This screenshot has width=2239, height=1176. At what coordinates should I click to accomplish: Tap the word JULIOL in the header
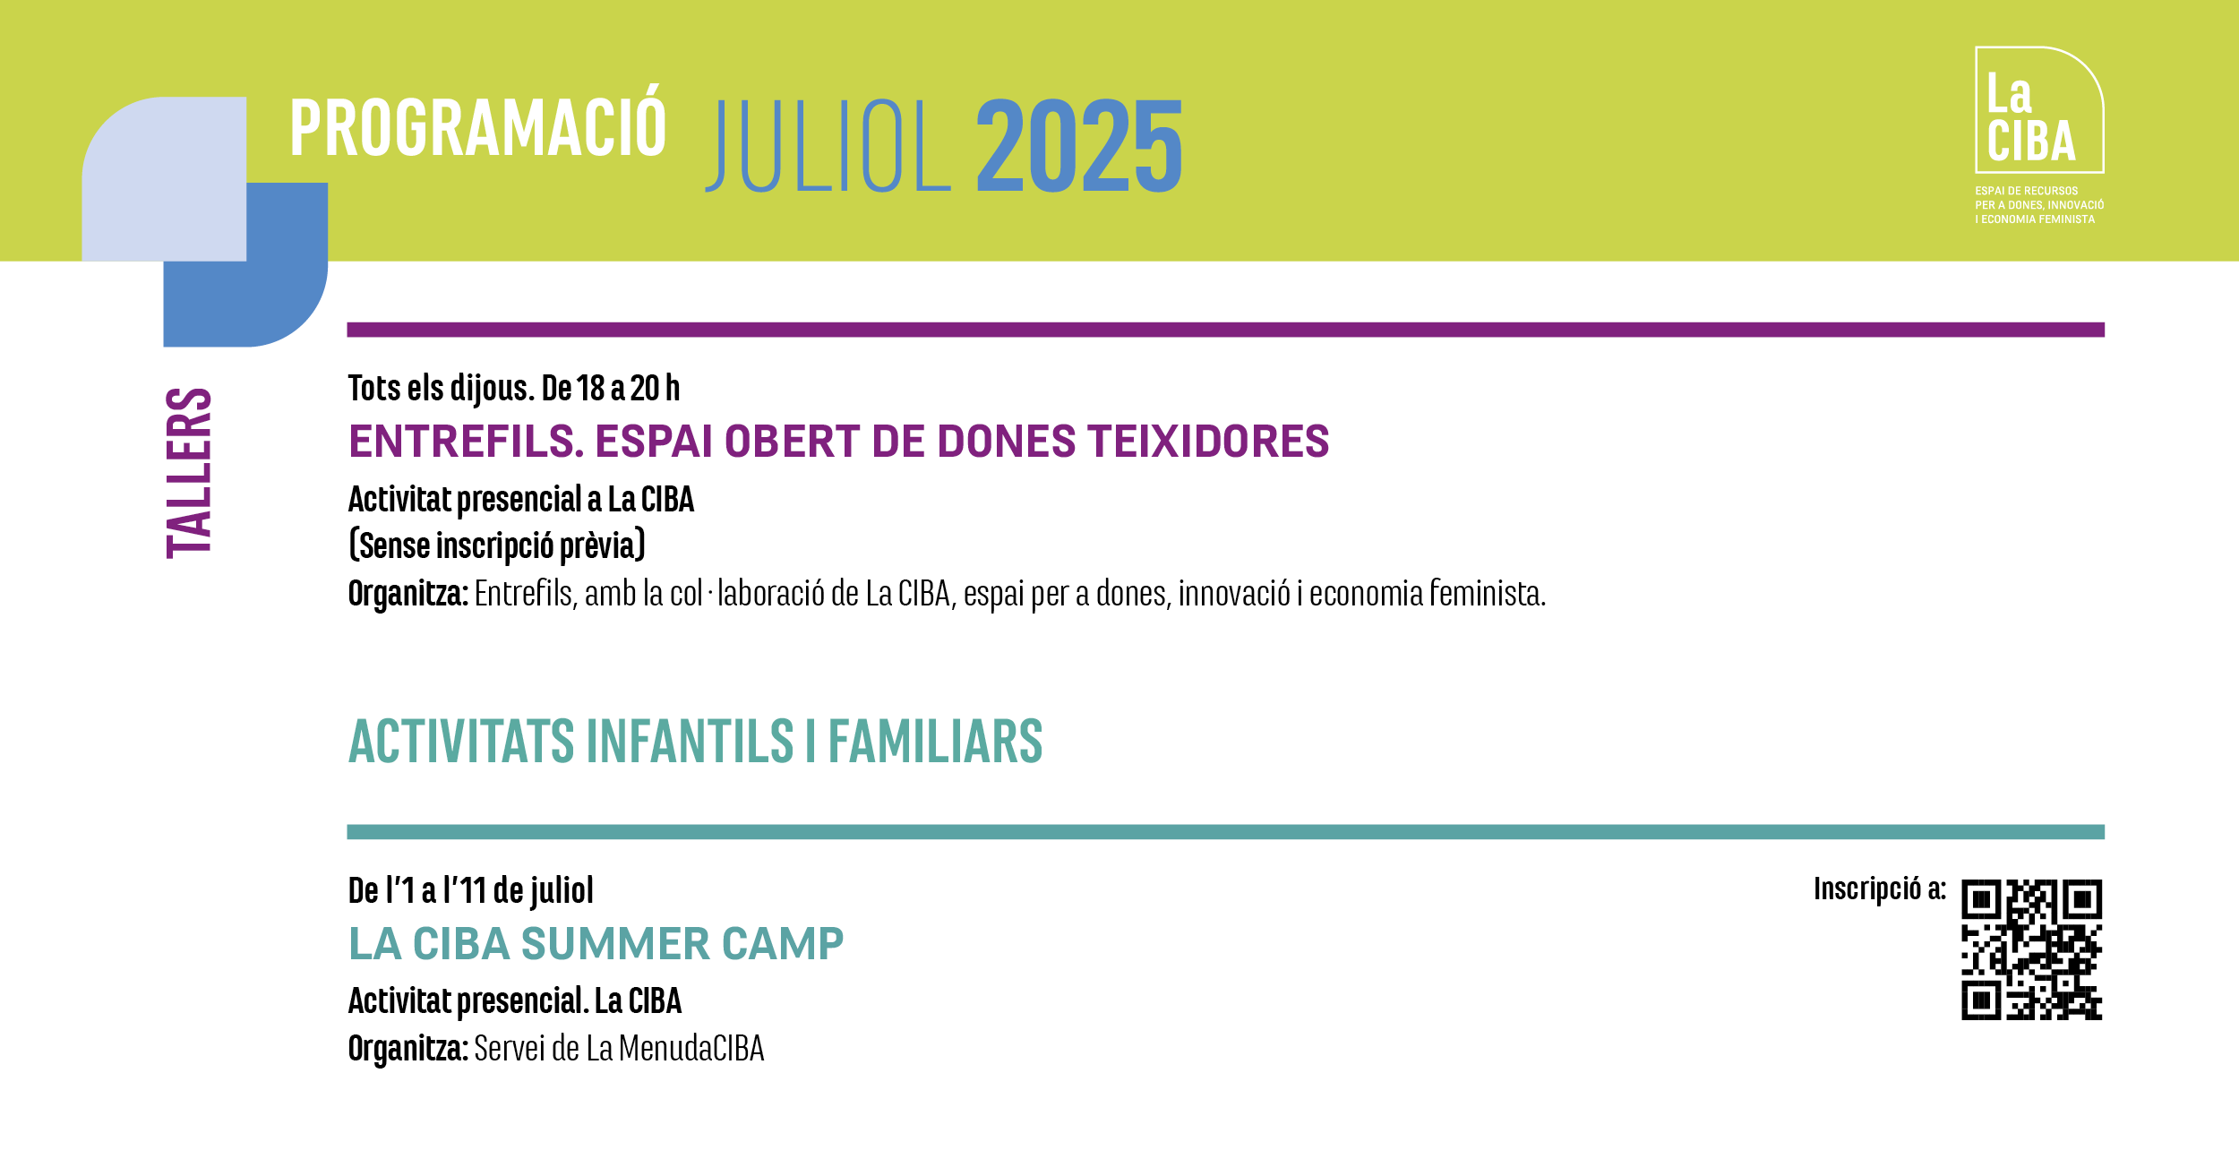(828, 146)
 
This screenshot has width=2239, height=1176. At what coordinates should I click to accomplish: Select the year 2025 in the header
(1079, 146)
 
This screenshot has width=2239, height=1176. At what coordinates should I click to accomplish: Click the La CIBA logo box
(2039, 109)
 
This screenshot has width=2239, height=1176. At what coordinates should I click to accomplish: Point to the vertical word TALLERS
(189, 473)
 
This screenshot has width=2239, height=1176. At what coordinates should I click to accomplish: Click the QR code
(2032, 949)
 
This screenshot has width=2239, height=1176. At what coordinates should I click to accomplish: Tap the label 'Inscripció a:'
(1880, 888)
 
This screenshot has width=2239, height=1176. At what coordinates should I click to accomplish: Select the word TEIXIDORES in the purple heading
(1208, 442)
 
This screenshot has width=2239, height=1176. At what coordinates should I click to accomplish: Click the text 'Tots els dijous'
(442, 389)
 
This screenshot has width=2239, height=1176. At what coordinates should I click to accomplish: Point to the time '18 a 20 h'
(628, 389)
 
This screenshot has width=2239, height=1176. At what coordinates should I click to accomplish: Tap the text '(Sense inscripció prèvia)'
(497, 545)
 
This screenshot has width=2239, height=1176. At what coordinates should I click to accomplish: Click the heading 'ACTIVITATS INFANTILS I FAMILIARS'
(696, 741)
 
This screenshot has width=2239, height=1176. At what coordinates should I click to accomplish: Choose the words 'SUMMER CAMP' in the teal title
(682, 944)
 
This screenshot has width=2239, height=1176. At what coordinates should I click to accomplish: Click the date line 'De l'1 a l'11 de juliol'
(471, 890)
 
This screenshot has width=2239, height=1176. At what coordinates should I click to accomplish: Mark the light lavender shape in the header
(164, 179)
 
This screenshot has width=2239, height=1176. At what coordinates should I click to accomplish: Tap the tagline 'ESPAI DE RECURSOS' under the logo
(2027, 191)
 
